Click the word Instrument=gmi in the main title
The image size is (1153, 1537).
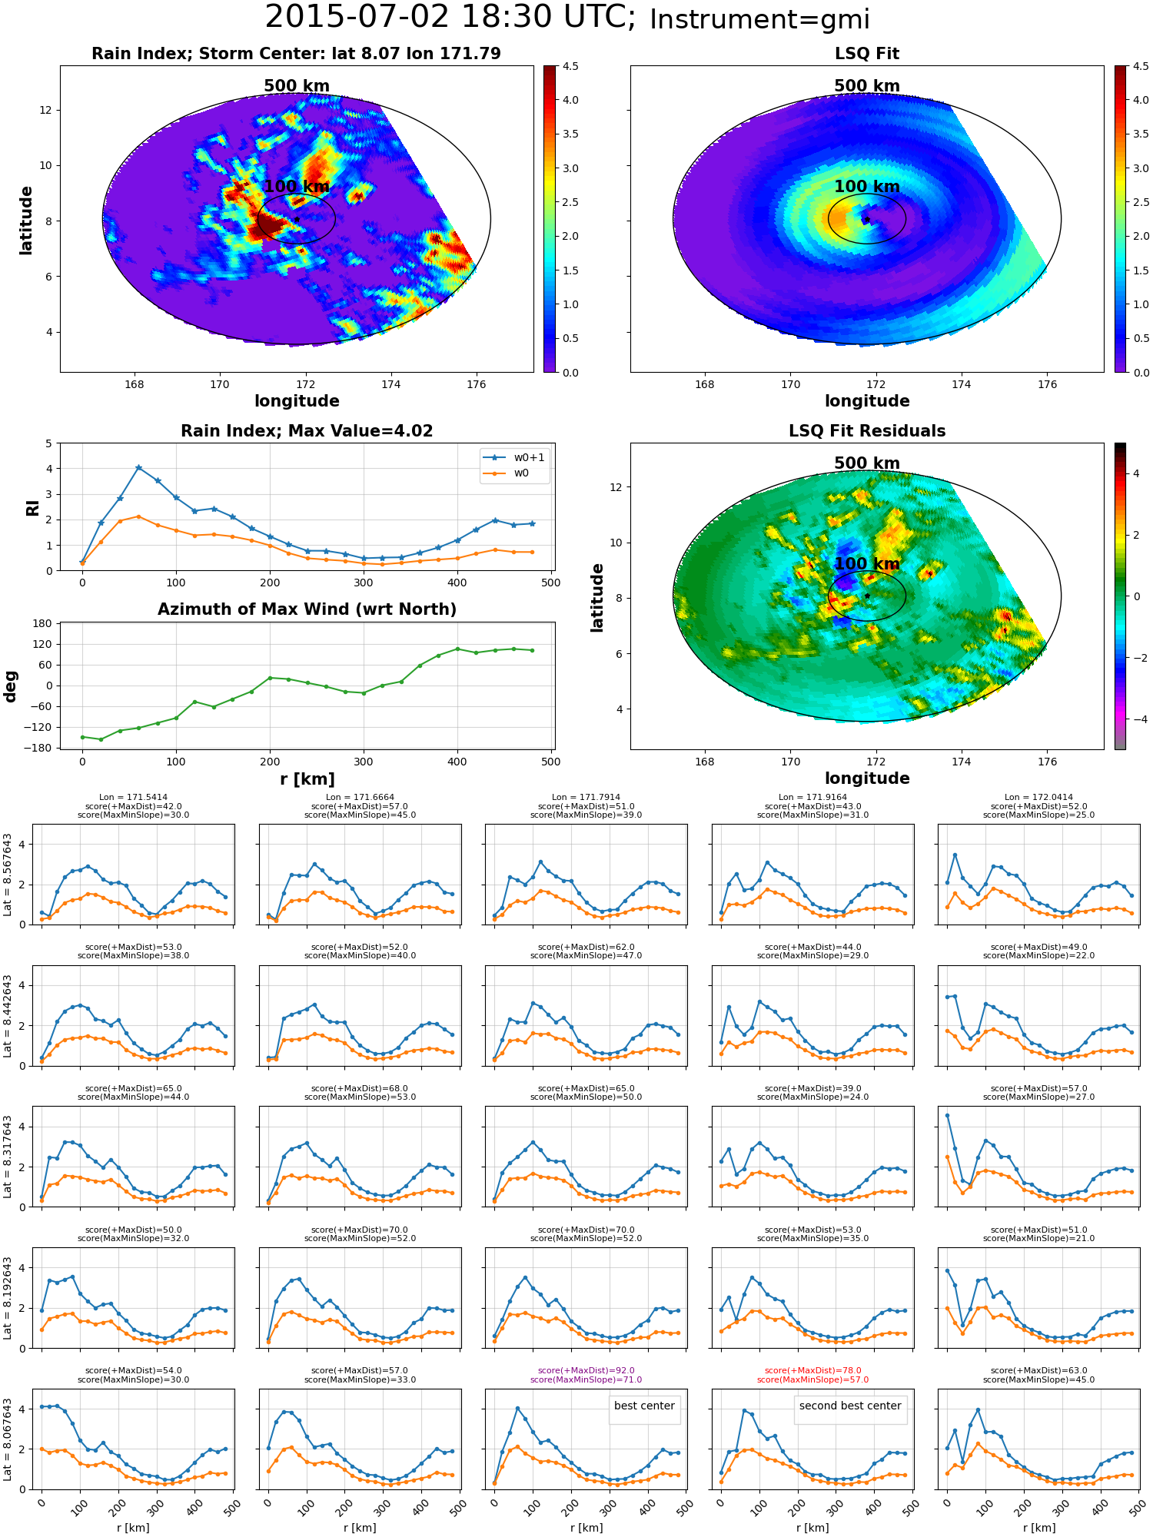tap(759, 20)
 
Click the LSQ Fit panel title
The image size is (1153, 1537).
tap(867, 54)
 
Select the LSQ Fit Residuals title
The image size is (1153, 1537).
tap(867, 431)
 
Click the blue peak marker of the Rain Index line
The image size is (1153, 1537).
tap(138, 467)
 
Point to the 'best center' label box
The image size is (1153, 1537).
tap(644, 1406)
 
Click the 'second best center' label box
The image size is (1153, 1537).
tap(850, 1406)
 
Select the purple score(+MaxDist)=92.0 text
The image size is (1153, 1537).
tap(586, 1371)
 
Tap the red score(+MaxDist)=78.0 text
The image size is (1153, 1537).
tap(812, 1371)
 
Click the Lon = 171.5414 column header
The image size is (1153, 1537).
tap(133, 798)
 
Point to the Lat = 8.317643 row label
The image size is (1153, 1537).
tap(8, 1157)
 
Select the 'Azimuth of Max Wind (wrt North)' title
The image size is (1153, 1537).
tap(307, 609)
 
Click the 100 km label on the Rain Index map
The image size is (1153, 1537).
tap(297, 187)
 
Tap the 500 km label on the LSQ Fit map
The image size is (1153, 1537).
tap(867, 86)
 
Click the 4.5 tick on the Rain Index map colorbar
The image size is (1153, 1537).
tap(570, 67)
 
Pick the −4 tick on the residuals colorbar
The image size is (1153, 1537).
tap(1136, 719)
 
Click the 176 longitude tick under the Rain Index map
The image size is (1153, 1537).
tap(476, 384)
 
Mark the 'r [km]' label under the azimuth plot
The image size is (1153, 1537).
tap(307, 779)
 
